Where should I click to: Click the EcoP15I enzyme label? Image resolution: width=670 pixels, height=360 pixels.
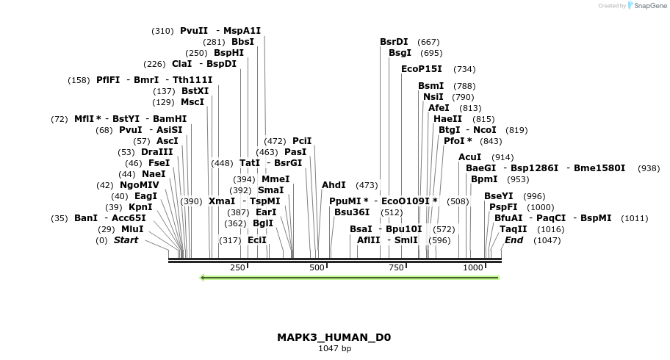pyautogui.click(x=422, y=68)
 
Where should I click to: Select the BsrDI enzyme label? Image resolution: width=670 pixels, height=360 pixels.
pyautogui.click(x=394, y=42)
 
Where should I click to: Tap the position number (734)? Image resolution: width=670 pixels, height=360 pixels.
pyautogui.click(x=464, y=69)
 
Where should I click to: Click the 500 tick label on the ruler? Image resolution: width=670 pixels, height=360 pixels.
pyautogui.click(x=317, y=267)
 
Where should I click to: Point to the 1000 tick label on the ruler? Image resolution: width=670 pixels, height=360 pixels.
pyautogui.click(x=473, y=267)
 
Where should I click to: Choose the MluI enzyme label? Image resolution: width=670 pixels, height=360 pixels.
pyautogui.click(x=132, y=229)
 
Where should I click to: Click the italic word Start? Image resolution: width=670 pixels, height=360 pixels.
pyautogui.click(x=126, y=240)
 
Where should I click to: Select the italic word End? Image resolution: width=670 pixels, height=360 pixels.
pyautogui.click(x=514, y=240)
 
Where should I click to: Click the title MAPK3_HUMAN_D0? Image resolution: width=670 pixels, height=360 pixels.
pyautogui.click(x=334, y=337)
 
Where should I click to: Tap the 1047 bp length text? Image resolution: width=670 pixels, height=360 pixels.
pyautogui.click(x=334, y=348)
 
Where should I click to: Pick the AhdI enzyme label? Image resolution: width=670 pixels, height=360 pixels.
pyautogui.click(x=334, y=185)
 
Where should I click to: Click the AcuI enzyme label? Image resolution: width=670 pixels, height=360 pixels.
pyautogui.click(x=469, y=157)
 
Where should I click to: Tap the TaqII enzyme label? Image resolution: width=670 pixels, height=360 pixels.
pyautogui.click(x=513, y=229)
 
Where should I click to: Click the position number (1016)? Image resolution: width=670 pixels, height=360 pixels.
pyautogui.click(x=551, y=229)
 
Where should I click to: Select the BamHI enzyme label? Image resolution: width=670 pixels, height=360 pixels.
pyautogui.click(x=170, y=118)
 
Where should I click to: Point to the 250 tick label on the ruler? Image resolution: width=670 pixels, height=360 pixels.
pyautogui.click(x=237, y=267)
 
